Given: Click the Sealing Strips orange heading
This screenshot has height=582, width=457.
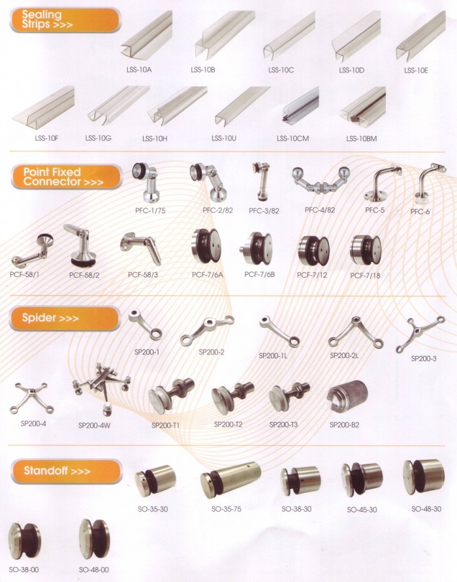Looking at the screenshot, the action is (65, 20).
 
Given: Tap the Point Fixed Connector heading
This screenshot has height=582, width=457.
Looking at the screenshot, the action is (67, 177).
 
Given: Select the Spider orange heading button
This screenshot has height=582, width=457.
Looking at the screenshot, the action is (65, 318).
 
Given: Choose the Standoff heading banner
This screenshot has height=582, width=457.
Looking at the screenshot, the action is (67, 472).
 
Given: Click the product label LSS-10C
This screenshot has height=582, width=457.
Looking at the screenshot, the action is (281, 70).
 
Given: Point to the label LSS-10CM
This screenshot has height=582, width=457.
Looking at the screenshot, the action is (292, 139).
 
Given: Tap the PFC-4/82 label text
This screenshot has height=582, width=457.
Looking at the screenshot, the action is (320, 210).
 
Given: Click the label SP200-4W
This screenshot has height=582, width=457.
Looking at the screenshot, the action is (94, 425).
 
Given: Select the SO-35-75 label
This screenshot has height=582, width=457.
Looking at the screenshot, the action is (227, 509).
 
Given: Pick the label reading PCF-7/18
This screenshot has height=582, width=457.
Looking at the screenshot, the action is (365, 276).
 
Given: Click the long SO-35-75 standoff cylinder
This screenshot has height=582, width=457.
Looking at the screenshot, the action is (230, 479).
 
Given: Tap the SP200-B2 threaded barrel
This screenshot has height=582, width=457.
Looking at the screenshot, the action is (347, 396).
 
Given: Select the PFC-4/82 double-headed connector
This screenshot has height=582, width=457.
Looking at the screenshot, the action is (321, 181).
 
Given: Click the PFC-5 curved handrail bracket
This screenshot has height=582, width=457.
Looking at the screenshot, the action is (383, 183).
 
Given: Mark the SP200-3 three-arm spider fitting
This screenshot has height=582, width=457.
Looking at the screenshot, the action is (420, 334).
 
